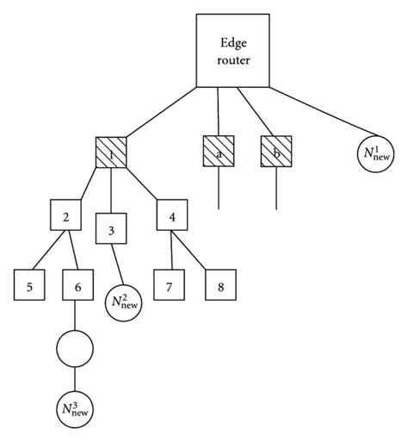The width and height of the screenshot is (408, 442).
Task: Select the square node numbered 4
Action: point(172,216)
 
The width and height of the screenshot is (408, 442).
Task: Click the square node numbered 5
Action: point(30,285)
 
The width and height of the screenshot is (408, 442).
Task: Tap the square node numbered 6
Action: point(78,285)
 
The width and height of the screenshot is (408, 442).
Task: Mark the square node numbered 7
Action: point(170,285)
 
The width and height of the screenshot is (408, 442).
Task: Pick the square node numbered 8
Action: point(219,285)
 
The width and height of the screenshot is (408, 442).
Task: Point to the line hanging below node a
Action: point(219,190)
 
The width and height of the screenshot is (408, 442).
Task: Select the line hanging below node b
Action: point(275,190)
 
